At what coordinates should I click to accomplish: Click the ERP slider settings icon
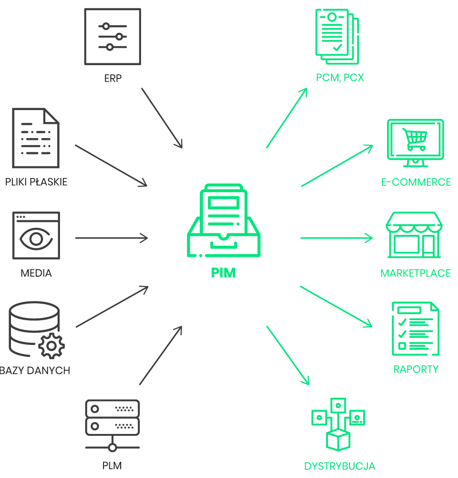coord(113,37)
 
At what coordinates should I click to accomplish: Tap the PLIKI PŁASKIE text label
coord(36,182)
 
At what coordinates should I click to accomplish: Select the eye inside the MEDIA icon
coord(36,239)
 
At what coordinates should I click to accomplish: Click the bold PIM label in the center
coord(224,273)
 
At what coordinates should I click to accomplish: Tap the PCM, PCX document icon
coord(337,37)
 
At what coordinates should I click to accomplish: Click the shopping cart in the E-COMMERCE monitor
coord(415,138)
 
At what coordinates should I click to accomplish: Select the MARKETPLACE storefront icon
coord(414,234)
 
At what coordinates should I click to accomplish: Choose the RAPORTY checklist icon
coord(415,328)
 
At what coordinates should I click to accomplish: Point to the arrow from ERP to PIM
coord(162,118)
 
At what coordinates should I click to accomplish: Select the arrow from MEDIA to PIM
coord(111,238)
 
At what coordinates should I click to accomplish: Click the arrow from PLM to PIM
coord(161,356)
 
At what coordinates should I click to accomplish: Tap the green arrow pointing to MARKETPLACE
coord(337,238)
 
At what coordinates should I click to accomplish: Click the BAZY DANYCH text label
coord(35,370)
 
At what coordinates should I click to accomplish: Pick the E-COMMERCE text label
coord(416,182)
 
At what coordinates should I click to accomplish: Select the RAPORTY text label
coord(416,369)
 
